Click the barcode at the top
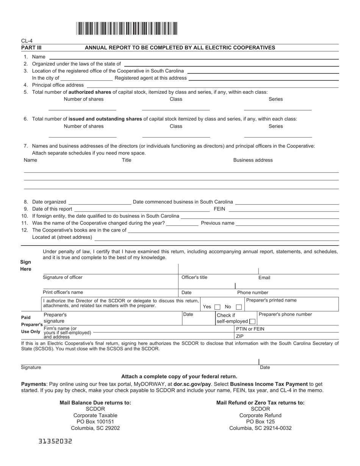(x=127, y=28)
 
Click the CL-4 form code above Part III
(x=27, y=41)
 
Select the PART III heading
(x=31, y=48)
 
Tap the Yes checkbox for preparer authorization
(x=218, y=307)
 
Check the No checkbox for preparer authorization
(x=239, y=307)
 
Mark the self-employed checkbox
(x=252, y=321)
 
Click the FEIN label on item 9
(x=219, y=209)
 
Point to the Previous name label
(x=218, y=223)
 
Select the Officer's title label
(x=194, y=277)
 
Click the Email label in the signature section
(x=264, y=278)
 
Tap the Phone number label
(x=252, y=292)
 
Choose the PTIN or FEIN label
(x=250, y=329)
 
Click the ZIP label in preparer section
(x=240, y=336)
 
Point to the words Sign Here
(x=26, y=266)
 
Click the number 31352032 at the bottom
(x=55, y=441)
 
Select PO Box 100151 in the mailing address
(x=95, y=421)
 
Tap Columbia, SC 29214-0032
(x=260, y=428)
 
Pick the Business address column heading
(x=253, y=160)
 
